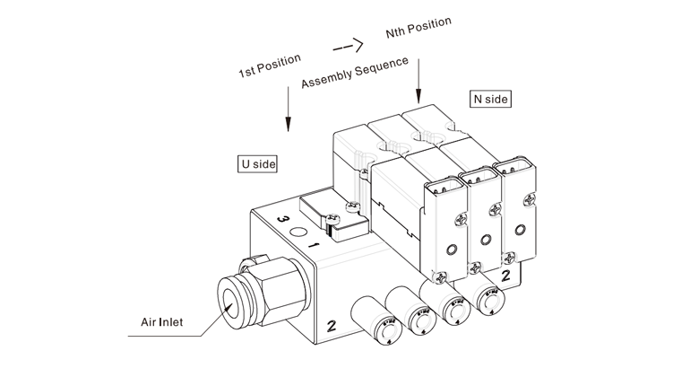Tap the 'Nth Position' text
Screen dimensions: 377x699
pos(418,27)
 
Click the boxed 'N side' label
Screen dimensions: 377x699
pos(489,99)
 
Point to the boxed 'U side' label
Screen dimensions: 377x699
pos(257,164)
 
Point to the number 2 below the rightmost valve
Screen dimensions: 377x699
pos(505,275)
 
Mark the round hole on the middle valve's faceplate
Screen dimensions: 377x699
pos(485,240)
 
